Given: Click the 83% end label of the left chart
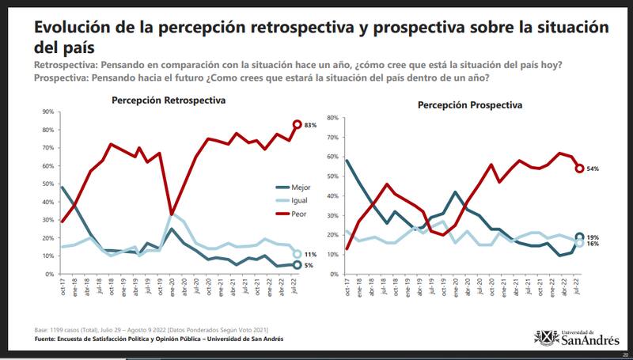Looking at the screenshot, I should pos(312,124).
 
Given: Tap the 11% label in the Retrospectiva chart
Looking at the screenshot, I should pos(312,254).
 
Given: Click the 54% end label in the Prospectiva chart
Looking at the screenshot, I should pos(593,169).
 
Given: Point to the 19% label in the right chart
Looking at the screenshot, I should pos(593,236).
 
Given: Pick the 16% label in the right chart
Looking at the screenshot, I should pos(593,244).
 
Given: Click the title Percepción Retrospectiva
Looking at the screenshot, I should pos(169,100).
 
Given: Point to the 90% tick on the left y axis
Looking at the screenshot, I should pos(47,112).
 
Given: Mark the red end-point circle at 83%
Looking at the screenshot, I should pos(298,124).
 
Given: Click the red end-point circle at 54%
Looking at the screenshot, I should pos(579,169).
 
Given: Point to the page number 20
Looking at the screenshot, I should pos(625,355).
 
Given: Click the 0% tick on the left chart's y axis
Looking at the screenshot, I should pos(49,274).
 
